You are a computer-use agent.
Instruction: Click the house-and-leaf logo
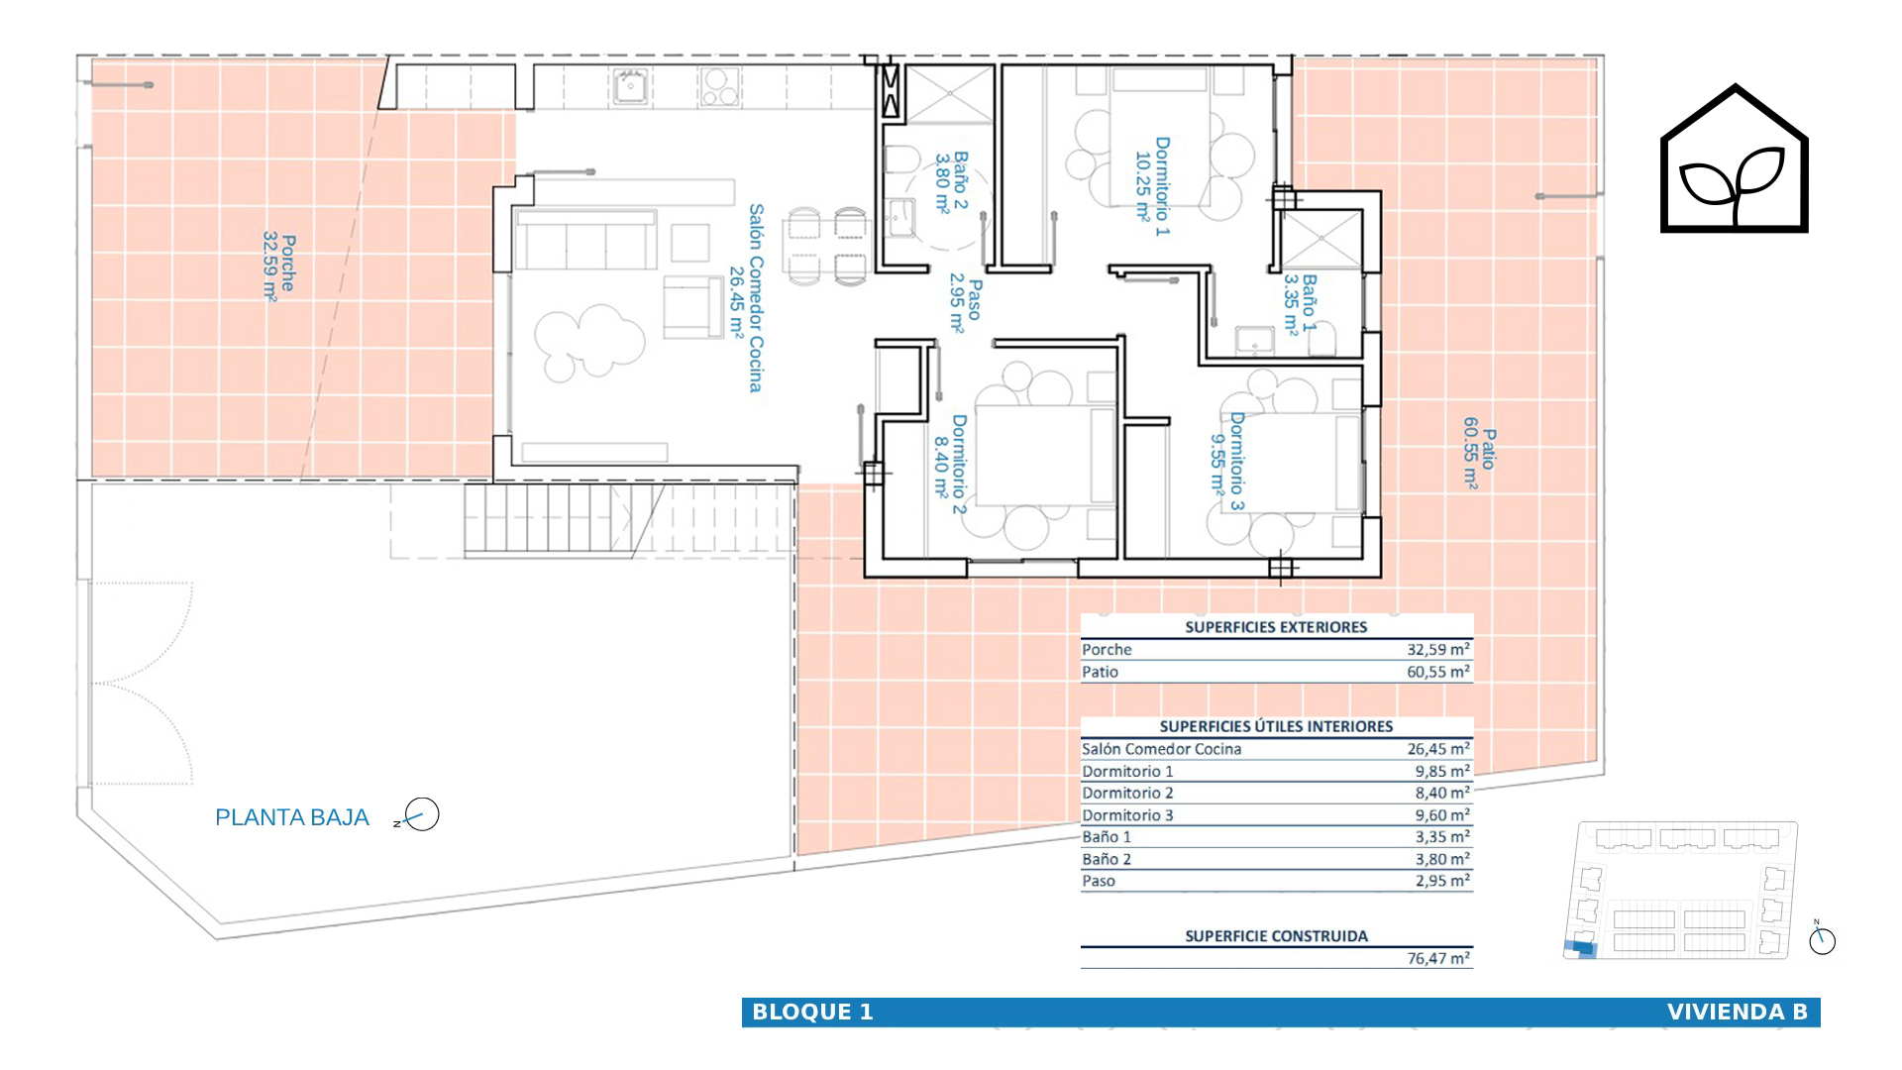coord(1734,159)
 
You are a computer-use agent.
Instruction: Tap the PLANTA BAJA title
coord(292,817)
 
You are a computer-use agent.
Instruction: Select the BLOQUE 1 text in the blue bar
coord(812,1012)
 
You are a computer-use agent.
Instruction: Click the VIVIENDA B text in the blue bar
coord(1738,1012)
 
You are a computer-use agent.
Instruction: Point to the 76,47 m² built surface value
coord(1438,958)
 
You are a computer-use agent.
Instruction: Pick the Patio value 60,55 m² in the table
coord(1438,672)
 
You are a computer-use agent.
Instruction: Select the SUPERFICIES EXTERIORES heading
coord(1276,627)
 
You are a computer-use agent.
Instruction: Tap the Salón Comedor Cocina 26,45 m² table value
coord(1438,749)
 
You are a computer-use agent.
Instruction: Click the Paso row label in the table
coord(1099,881)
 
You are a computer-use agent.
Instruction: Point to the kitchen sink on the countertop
coord(630,85)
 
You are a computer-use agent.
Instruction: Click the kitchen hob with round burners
coord(719,85)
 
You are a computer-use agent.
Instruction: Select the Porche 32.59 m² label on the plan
coord(278,266)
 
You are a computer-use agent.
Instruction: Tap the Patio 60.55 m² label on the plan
coord(1480,452)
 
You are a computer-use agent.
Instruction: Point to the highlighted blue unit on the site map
coord(1580,947)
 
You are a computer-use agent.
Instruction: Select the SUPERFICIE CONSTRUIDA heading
coord(1276,936)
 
